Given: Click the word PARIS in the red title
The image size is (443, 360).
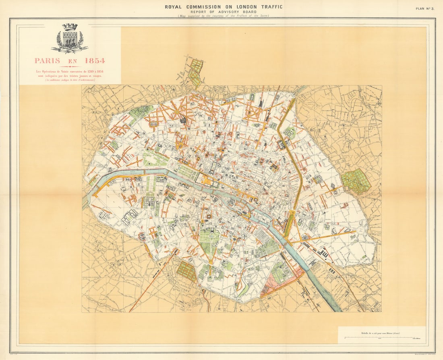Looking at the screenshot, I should pos(47,61).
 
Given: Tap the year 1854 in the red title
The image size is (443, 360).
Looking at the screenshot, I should pos(94,61).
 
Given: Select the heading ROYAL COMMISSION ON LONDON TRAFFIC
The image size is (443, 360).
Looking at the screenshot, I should pos(224,7).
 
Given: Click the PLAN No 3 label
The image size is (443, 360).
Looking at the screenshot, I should pos(425,8).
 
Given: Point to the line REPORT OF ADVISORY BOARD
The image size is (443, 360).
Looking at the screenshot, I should pos(224,12).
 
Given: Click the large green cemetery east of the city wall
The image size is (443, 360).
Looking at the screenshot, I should pos(356,181).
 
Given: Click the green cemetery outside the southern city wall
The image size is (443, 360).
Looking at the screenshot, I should pos(186,271).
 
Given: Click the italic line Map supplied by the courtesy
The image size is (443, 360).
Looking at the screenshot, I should pos(224,16).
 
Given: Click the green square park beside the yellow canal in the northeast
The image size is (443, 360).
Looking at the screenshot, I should pos(289,132).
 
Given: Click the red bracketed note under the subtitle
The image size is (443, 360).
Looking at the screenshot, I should pos(70,80).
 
